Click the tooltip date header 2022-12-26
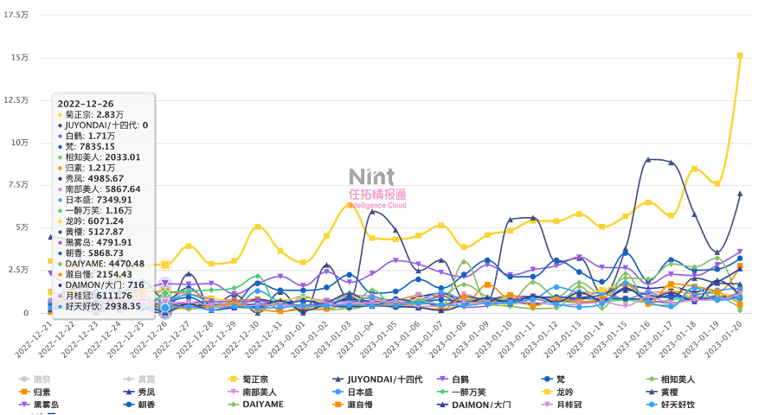(x=86, y=104)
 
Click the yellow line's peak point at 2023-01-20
(x=740, y=55)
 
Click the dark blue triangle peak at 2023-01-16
(x=648, y=160)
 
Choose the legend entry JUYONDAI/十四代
(x=379, y=379)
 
